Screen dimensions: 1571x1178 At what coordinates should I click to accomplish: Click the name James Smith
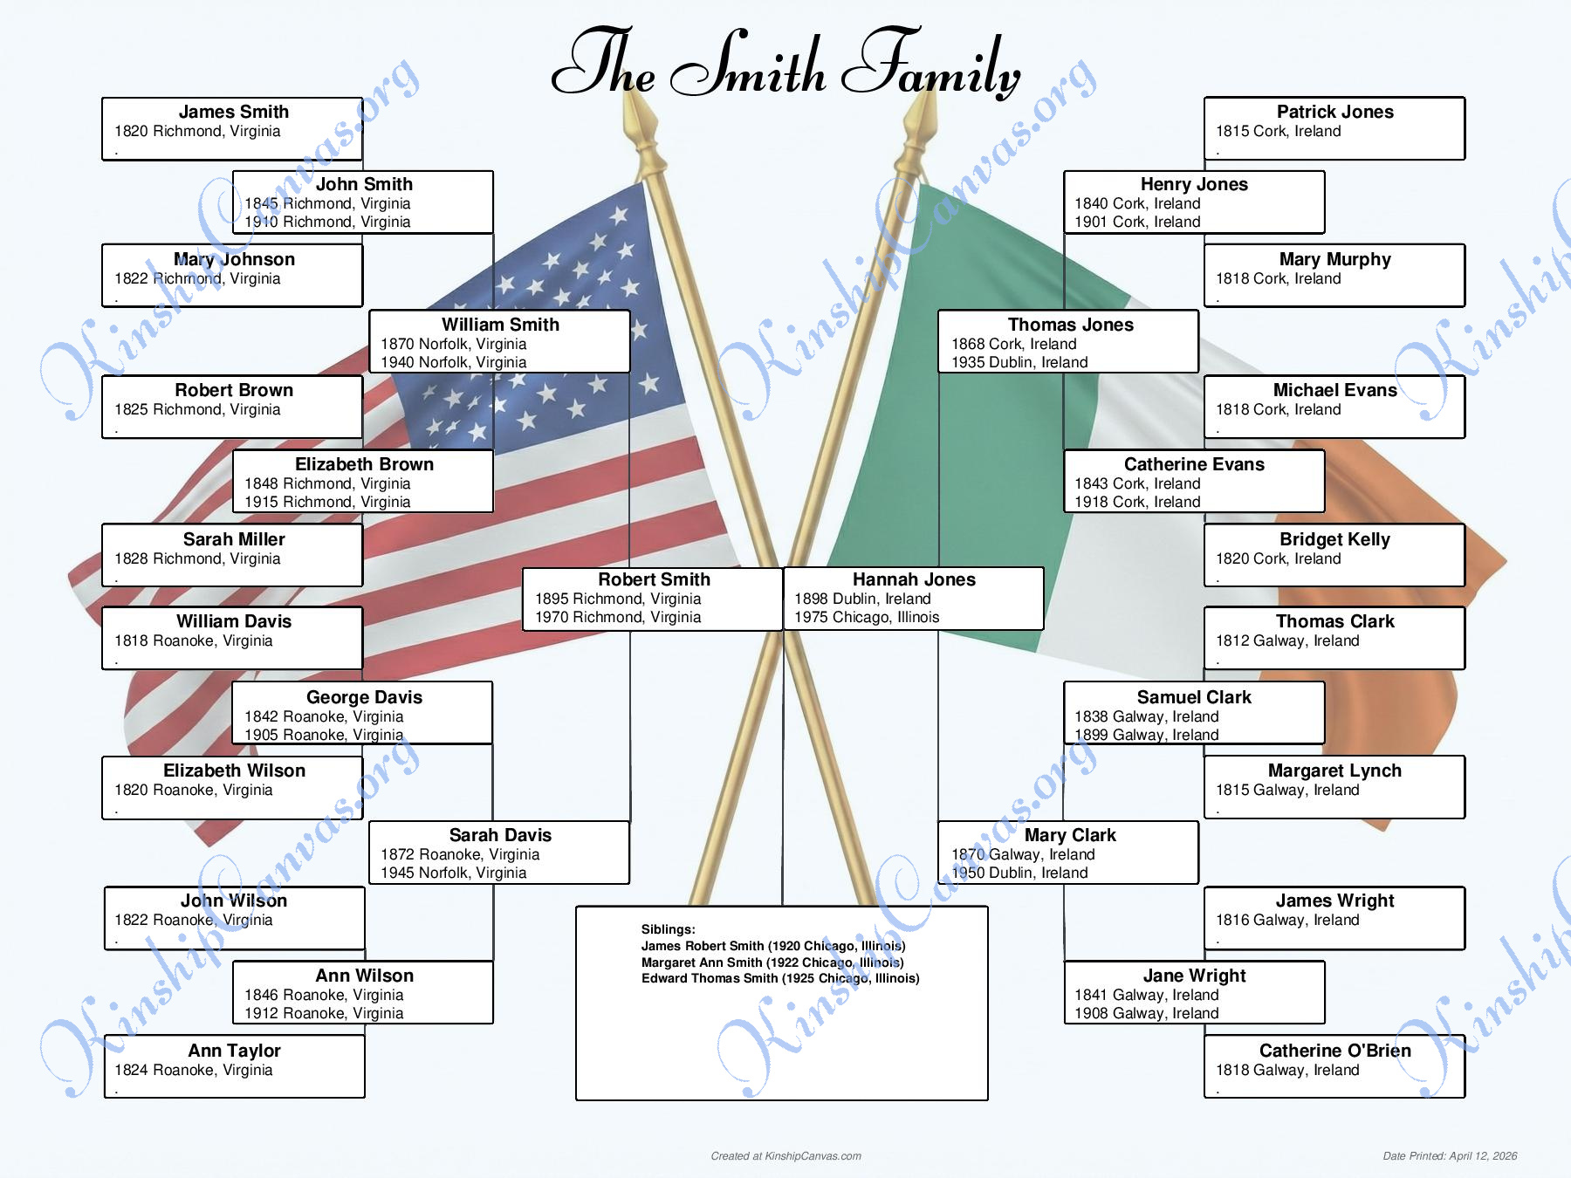tap(234, 112)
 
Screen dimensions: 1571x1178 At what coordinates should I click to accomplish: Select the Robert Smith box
tap(652, 599)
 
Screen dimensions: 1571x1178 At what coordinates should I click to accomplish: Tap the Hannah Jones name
tap(914, 579)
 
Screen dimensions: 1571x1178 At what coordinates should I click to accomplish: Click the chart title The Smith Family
tap(785, 63)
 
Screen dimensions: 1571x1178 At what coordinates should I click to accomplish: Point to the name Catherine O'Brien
tap(1334, 1051)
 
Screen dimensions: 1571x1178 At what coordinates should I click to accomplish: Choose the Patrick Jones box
tap(1334, 128)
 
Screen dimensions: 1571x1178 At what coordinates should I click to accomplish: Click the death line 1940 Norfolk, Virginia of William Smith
tap(454, 362)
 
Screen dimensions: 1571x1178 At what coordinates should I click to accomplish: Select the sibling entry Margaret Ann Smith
tap(772, 962)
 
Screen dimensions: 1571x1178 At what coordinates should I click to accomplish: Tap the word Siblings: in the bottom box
tap(669, 929)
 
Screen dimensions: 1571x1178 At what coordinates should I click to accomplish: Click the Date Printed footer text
tap(1450, 1156)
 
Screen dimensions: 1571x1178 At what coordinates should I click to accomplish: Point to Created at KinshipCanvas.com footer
tap(785, 1156)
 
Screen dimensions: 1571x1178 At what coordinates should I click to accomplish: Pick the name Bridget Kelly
tap(1334, 539)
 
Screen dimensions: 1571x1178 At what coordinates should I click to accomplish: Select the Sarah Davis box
tap(499, 853)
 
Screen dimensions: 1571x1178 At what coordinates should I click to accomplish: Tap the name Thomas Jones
tap(1070, 325)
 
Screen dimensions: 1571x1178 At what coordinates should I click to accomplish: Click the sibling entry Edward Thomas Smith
tap(780, 978)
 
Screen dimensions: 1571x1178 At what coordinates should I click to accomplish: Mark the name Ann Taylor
tap(234, 1051)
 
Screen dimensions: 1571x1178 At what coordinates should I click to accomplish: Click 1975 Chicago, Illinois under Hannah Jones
tap(867, 617)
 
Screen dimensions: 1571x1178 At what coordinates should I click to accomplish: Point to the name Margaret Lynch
tap(1334, 770)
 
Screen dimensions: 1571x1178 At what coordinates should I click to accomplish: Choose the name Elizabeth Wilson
tap(234, 770)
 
